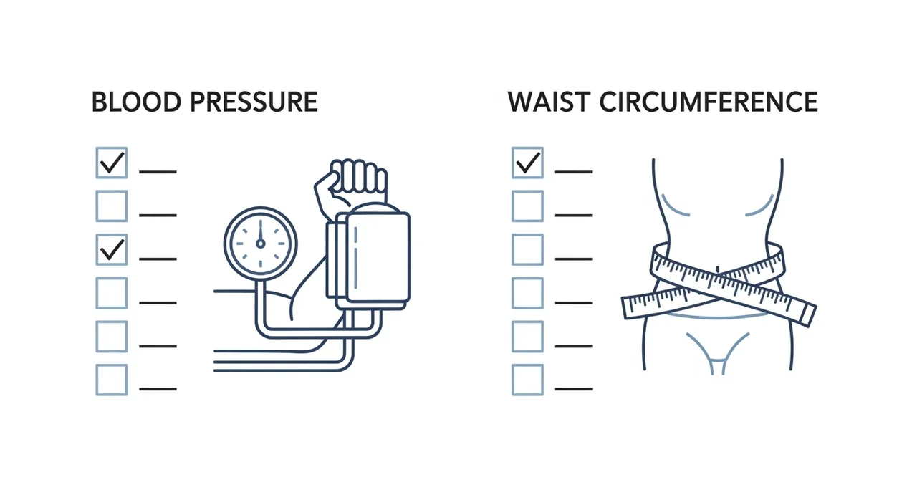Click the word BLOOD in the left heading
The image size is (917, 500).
(x=136, y=102)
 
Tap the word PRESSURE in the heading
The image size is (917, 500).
(x=254, y=102)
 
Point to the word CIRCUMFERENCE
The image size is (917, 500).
(x=709, y=102)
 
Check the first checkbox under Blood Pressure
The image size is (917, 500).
(x=112, y=163)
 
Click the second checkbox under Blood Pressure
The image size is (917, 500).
(x=112, y=206)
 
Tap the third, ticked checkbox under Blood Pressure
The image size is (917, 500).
(x=112, y=249)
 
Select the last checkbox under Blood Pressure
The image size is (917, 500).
(x=112, y=380)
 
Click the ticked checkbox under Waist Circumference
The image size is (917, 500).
(x=528, y=163)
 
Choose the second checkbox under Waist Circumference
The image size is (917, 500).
(x=528, y=206)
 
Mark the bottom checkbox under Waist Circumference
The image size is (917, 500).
(x=528, y=380)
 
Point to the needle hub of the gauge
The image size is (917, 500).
(x=260, y=244)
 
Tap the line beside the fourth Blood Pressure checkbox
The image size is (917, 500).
(x=158, y=303)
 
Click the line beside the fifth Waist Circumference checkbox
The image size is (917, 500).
(x=574, y=346)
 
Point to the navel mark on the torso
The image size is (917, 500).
(x=717, y=269)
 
